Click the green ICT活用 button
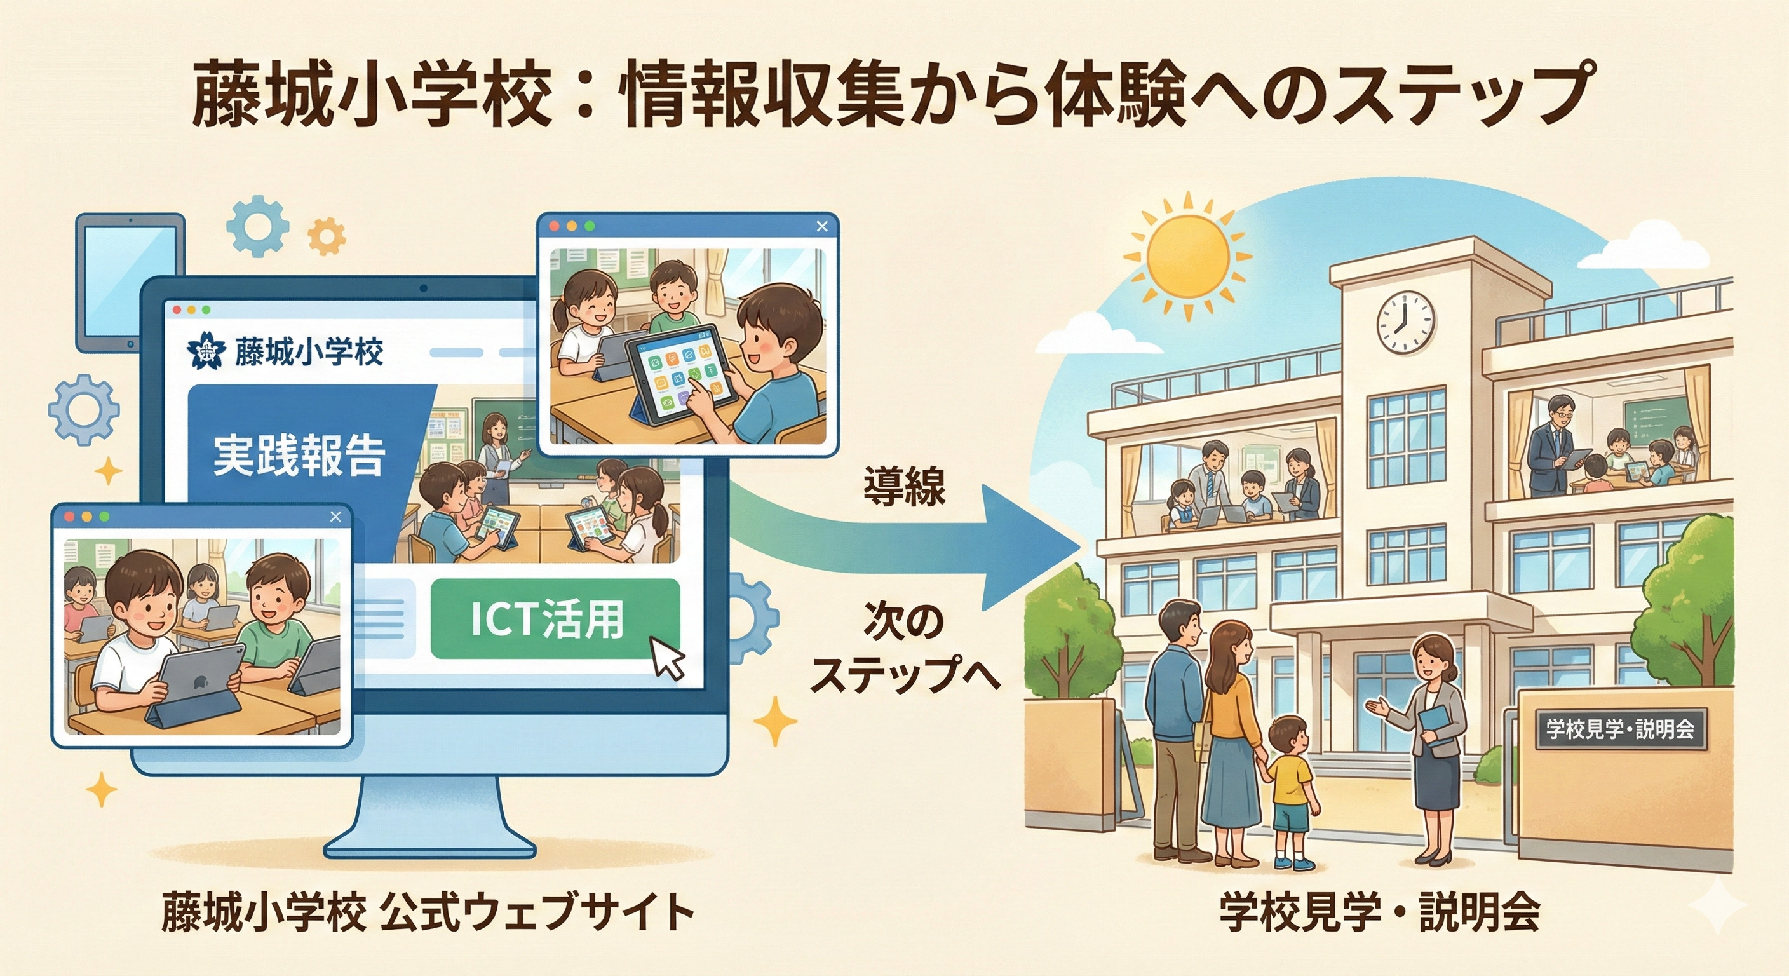(555, 618)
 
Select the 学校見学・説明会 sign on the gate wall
(1620, 729)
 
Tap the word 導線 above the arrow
(904, 486)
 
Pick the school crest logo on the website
(207, 352)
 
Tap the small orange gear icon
(327, 236)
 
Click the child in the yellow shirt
(1290, 791)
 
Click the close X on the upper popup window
(822, 226)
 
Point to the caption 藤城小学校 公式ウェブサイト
(428, 912)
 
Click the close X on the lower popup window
(335, 517)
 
